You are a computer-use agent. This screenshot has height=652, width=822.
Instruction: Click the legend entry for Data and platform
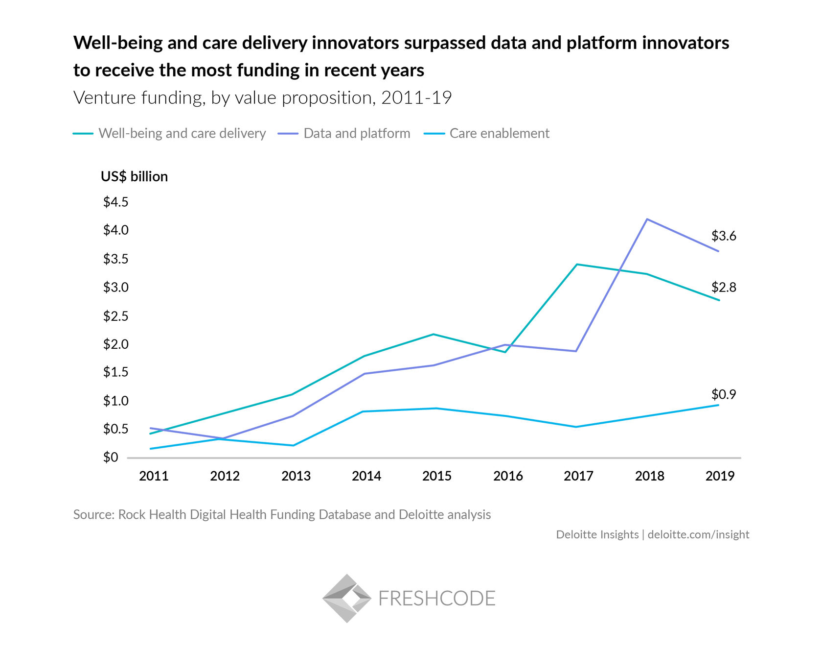356,133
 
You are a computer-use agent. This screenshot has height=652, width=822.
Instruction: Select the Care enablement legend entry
499,133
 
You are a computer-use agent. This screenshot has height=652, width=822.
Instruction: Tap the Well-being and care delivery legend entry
182,133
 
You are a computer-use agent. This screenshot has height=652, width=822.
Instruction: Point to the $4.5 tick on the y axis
115,202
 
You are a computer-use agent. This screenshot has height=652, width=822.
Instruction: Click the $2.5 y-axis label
115,316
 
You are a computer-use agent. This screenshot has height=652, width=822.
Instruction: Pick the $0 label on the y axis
111,458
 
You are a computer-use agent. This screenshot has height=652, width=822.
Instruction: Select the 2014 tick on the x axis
366,476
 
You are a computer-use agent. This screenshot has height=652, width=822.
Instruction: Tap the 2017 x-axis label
578,476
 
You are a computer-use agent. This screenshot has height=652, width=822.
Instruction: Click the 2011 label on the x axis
154,476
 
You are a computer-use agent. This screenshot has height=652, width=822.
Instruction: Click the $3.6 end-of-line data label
724,236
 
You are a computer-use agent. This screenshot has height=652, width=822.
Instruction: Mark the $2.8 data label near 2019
724,288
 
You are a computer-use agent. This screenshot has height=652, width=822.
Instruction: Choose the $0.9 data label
724,394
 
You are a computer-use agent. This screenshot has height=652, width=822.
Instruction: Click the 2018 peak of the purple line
647,219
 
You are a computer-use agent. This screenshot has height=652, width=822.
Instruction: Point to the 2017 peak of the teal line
577,265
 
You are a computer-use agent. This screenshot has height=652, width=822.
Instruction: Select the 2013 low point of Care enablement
293,445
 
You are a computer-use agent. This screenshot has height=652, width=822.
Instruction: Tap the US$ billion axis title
134,176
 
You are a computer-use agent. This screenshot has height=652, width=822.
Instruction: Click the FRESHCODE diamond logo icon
346,598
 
